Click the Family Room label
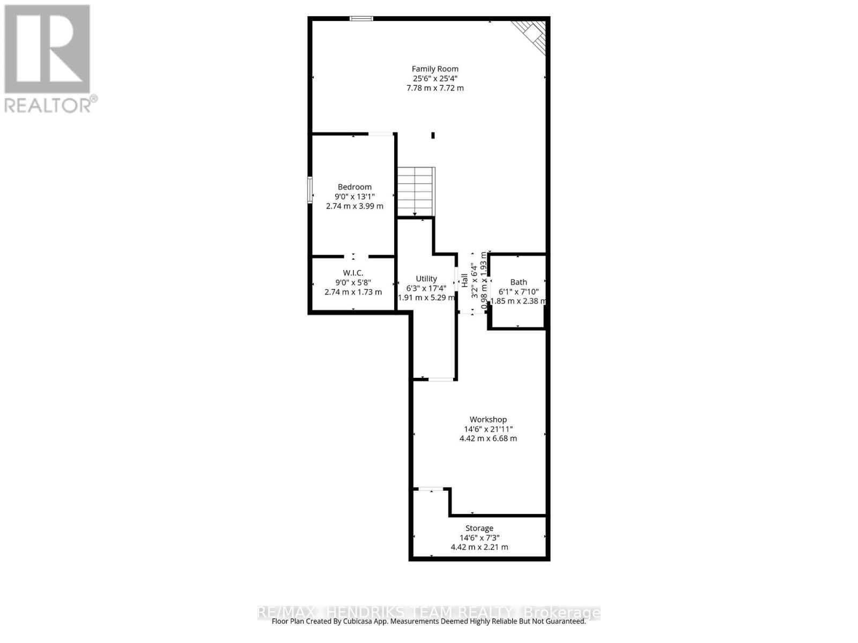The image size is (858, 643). click(435, 69)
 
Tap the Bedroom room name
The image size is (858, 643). click(354, 187)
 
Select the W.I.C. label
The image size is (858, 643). click(353, 273)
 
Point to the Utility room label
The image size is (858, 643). click(426, 279)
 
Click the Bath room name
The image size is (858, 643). click(519, 282)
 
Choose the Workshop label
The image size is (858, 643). click(488, 420)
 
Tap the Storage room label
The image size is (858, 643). click(479, 528)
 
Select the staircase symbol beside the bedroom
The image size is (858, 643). click(416, 191)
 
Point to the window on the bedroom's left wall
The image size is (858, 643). click(310, 190)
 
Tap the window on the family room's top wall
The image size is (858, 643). click(361, 19)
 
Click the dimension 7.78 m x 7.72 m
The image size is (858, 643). click(435, 88)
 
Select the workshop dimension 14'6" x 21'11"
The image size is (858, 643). click(488, 429)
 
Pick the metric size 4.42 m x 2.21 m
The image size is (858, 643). click(479, 547)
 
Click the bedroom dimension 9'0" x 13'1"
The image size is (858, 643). click(354, 197)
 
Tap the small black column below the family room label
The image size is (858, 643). click(433, 136)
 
